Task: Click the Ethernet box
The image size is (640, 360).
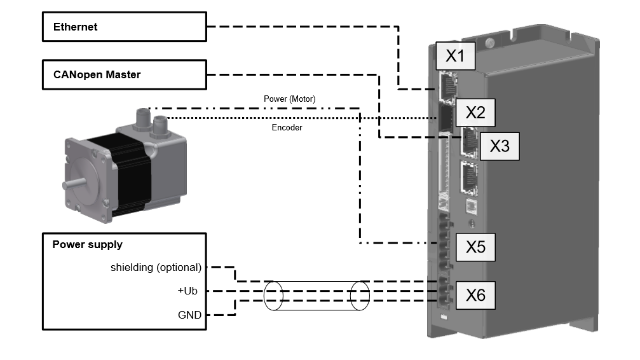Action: (x=125, y=27)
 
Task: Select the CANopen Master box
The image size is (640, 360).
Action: (x=125, y=75)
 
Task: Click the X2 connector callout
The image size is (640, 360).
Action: (x=475, y=113)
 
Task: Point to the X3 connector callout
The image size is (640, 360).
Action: (x=499, y=146)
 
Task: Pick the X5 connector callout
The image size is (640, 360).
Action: (x=475, y=246)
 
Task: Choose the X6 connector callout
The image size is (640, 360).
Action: (x=475, y=294)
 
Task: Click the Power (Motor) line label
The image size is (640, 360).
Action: (x=289, y=99)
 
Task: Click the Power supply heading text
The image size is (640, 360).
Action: (x=87, y=244)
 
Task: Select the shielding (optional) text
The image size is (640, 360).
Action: (x=156, y=267)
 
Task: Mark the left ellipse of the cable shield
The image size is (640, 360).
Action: (x=273, y=296)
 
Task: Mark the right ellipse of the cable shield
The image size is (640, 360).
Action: (x=360, y=296)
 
